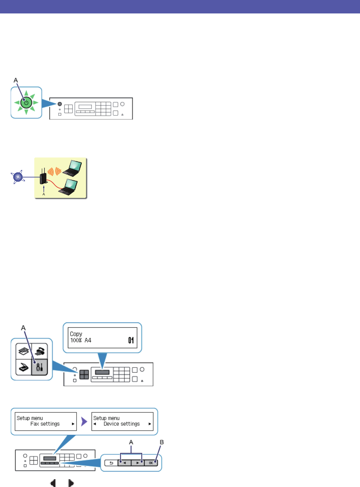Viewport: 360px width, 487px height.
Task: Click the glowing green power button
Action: coord(26,102)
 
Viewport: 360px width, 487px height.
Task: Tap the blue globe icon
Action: coord(18,177)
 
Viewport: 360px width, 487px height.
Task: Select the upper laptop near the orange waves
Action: coord(73,168)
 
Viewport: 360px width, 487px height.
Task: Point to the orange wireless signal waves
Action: coord(54,172)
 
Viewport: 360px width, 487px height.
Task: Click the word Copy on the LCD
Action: coord(76,334)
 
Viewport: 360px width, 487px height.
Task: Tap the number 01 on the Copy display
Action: coord(131,340)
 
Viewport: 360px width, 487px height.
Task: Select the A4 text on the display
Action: coord(88,340)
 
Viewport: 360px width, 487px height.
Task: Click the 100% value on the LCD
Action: coord(76,340)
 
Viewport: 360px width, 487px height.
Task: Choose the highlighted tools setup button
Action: coord(40,367)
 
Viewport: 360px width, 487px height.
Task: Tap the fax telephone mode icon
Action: coord(40,351)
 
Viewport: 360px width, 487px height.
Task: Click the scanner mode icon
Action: coord(23,367)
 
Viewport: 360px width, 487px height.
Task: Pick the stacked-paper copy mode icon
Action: coord(23,351)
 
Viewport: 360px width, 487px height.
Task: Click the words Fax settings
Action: coord(45,424)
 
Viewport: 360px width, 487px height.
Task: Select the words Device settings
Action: coord(122,424)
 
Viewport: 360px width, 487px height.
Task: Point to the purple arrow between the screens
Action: coord(84,422)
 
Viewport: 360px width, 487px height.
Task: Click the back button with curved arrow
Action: coord(111,463)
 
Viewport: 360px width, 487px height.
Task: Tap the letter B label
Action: coord(162,442)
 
